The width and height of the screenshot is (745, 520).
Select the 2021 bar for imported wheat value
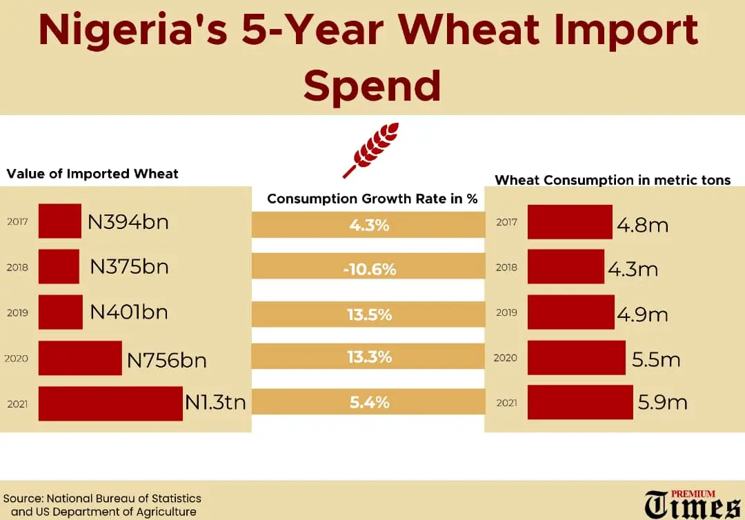110,403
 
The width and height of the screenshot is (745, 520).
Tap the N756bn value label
167,359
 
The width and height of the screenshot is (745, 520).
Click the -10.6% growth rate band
368,269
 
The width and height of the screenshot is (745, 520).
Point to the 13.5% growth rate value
369,314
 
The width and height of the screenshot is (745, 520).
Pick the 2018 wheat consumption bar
566,267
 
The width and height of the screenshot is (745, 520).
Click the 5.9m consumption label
662,402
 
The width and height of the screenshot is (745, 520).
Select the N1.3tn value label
215,402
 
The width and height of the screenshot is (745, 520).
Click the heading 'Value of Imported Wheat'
92,174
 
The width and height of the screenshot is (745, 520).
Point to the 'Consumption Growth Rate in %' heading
372,199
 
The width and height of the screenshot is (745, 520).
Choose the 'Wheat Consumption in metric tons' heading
613,180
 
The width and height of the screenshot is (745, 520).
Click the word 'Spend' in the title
372,86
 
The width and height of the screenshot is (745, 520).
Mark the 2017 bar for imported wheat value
59,221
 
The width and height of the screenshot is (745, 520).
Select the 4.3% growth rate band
368,224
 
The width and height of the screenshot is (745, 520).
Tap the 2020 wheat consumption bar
576,358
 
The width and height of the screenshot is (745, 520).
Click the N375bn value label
129,267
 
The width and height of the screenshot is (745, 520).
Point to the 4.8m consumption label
642,225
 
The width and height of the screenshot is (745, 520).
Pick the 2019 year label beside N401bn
17,312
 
